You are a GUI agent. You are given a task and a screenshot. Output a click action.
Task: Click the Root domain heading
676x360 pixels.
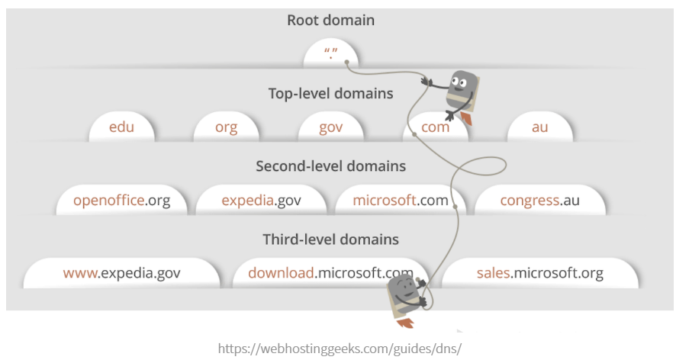pos(330,21)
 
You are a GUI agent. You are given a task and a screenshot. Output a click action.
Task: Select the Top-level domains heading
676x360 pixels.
pos(330,94)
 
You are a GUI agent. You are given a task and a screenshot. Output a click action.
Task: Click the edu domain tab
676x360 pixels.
pos(121,127)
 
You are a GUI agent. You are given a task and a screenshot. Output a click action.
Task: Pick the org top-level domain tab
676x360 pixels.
pos(226,127)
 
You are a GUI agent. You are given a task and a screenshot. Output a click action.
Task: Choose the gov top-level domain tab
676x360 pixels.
pos(330,127)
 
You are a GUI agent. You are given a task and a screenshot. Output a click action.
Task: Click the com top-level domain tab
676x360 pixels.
pos(435,127)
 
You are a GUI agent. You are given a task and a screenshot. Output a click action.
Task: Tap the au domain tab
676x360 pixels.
pos(539,127)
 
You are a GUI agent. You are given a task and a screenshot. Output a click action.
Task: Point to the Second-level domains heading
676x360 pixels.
pos(330,166)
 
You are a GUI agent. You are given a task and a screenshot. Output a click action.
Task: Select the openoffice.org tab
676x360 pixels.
pos(121,201)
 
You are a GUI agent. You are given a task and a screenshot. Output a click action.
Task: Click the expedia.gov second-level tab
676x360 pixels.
pos(261,201)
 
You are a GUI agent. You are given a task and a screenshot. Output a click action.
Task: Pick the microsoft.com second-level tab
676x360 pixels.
pos(401,201)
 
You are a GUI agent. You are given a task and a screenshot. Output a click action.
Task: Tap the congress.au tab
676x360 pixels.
pos(540,201)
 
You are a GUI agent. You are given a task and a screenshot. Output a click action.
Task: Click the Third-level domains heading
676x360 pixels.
pos(330,239)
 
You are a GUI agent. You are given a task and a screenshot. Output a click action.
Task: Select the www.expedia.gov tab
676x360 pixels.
pos(121,273)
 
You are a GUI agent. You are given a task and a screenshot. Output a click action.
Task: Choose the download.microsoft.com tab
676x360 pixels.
pos(330,273)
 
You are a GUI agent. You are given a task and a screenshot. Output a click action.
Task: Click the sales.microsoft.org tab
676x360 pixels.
pos(539,273)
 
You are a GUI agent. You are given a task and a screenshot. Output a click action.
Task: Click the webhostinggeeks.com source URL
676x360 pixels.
pos(340,349)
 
